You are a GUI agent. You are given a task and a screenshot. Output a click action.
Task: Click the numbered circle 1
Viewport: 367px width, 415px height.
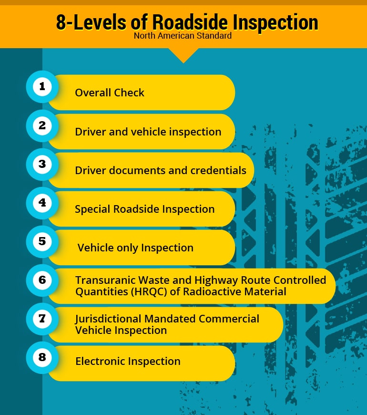(42, 86)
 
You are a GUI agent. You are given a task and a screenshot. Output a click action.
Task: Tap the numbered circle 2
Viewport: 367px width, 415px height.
(42, 125)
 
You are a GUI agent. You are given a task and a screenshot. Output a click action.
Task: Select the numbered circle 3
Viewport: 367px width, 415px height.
(42, 164)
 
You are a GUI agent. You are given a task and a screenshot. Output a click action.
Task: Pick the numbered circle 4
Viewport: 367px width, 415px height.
(42, 203)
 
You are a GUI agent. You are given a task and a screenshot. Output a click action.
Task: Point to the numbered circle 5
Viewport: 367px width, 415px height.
(42, 241)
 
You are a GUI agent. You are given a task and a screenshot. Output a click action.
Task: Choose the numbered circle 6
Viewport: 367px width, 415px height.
(42, 280)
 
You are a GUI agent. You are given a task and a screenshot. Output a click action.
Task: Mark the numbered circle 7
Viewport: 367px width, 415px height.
(42, 319)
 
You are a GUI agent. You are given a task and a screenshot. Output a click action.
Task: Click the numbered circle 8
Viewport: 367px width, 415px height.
(42, 357)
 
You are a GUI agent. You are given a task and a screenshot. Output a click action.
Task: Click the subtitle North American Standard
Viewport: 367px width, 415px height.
(183, 36)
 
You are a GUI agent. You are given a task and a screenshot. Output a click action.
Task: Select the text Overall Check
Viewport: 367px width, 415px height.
(110, 93)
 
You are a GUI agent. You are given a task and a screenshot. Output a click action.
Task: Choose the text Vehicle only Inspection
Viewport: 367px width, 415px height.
(135, 248)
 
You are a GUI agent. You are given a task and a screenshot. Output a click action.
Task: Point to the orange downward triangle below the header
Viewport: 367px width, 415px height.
(183, 54)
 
